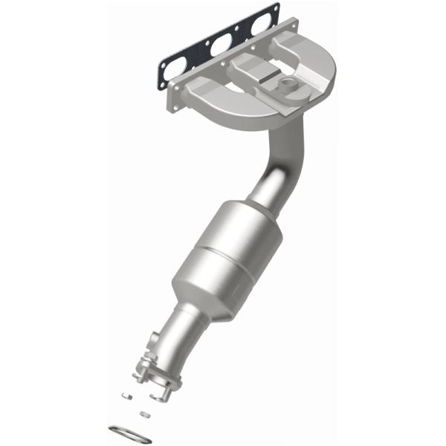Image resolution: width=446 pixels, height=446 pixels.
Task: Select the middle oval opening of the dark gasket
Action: [x=221, y=47]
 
